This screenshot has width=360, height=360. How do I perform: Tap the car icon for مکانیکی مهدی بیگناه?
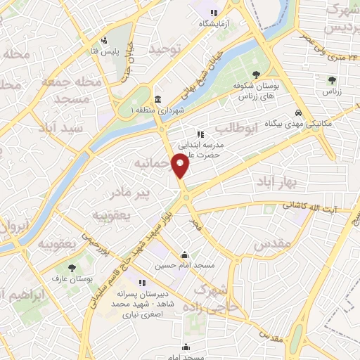[x=299, y=112]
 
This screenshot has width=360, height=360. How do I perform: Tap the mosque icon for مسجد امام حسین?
[x=184, y=255]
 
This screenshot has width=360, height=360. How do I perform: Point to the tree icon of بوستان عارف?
[x=72, y=267]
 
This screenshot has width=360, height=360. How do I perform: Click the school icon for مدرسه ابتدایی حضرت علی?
[x=200, y=134]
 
